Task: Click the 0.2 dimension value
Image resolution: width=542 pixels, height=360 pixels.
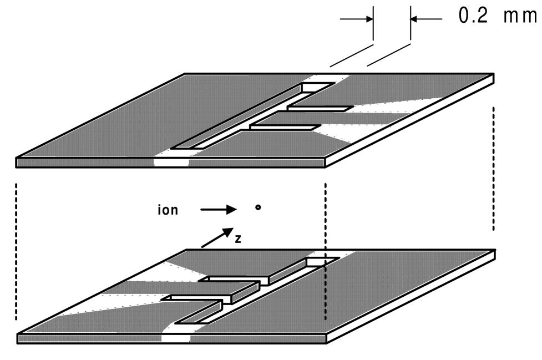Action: coord(473,16)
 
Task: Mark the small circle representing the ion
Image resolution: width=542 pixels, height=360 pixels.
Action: coord(257,209)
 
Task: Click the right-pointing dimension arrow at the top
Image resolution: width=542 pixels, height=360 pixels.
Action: coord(357,18)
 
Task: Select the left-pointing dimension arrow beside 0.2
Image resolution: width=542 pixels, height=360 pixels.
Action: coord(426,18)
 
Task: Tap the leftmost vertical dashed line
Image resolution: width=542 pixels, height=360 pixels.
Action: coord(17,250)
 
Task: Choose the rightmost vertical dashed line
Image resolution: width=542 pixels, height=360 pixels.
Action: coord(493,169)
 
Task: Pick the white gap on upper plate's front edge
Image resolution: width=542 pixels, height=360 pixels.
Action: coord(171,163)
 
